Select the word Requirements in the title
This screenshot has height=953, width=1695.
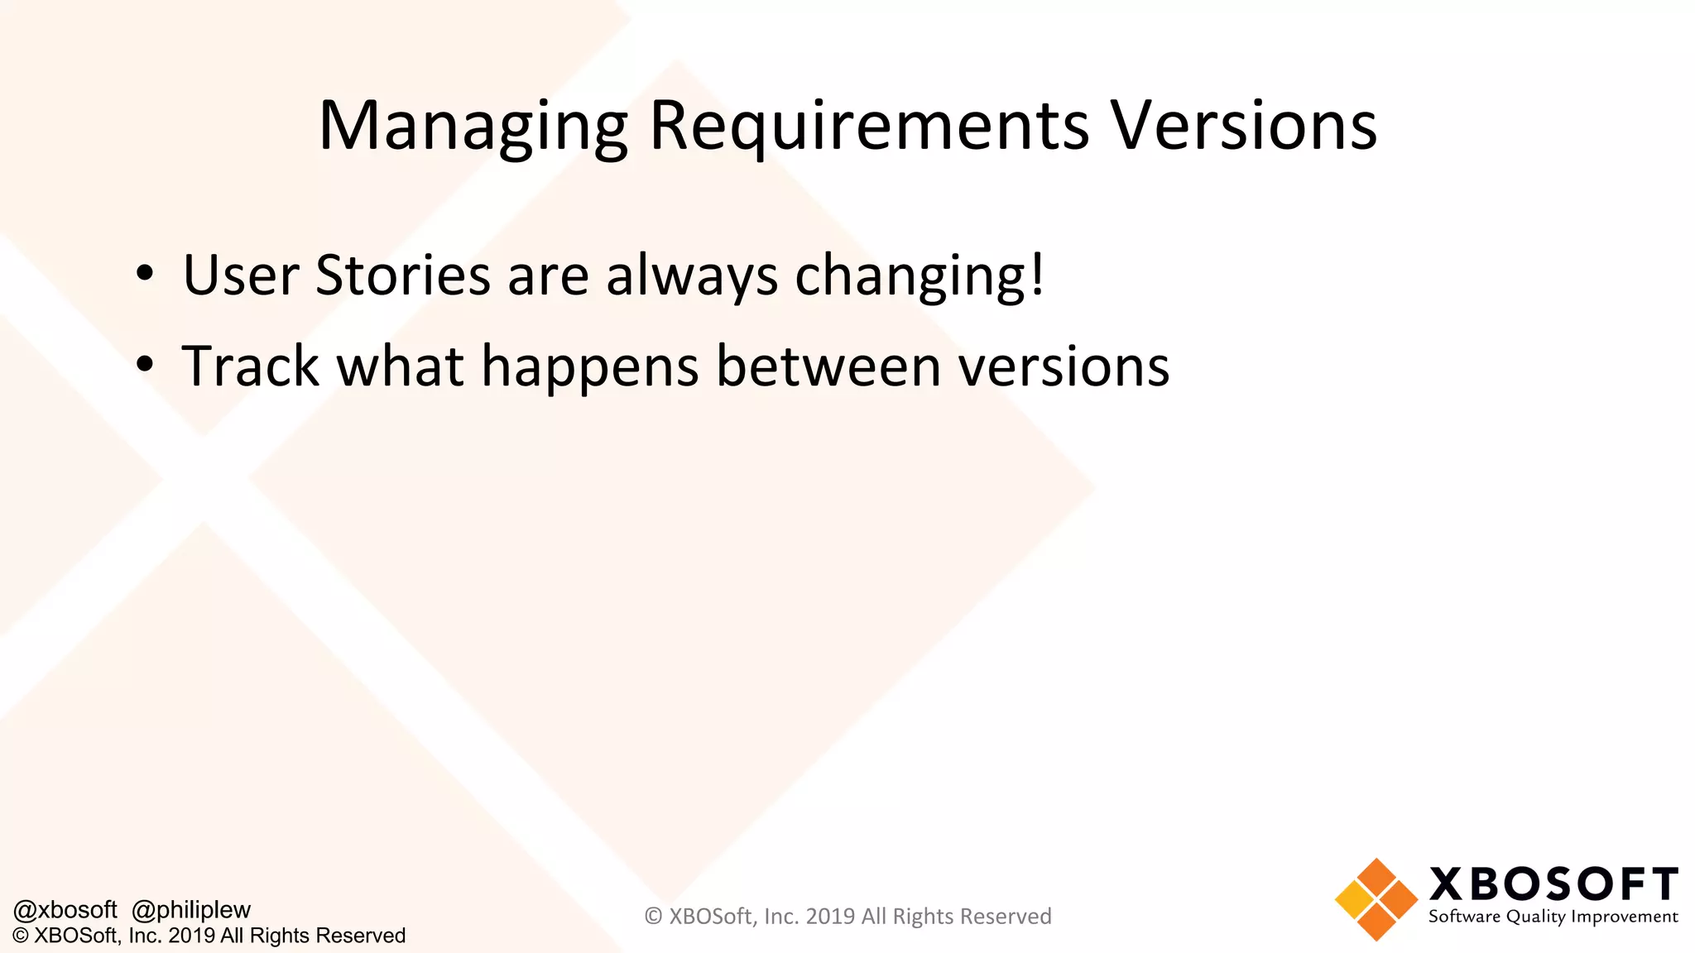click(x=869, y=126)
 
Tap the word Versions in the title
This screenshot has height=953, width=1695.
click(x=1243, y=126)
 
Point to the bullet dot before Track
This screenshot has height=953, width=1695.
click(x=145, y=365)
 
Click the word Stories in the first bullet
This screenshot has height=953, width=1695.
click(x=403, y=275)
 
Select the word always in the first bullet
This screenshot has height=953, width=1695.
click(x=692, y=276)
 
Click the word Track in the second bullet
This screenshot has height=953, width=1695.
click(x=250, y=366)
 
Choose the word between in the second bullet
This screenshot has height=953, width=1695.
click(x=828, y=366)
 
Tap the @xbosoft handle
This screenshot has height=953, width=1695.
click(x=65, y=910)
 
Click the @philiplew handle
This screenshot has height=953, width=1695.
click(x=191, y=910)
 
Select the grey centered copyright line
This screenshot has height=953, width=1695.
click(x=847, y=917)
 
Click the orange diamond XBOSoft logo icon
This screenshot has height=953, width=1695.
click(x=1376, y=899)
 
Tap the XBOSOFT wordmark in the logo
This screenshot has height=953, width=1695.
click(x=1553, y=884)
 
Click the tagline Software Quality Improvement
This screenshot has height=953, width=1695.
click(x=1553, y=917)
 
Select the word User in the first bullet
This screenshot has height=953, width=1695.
click(x=240, y=275)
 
